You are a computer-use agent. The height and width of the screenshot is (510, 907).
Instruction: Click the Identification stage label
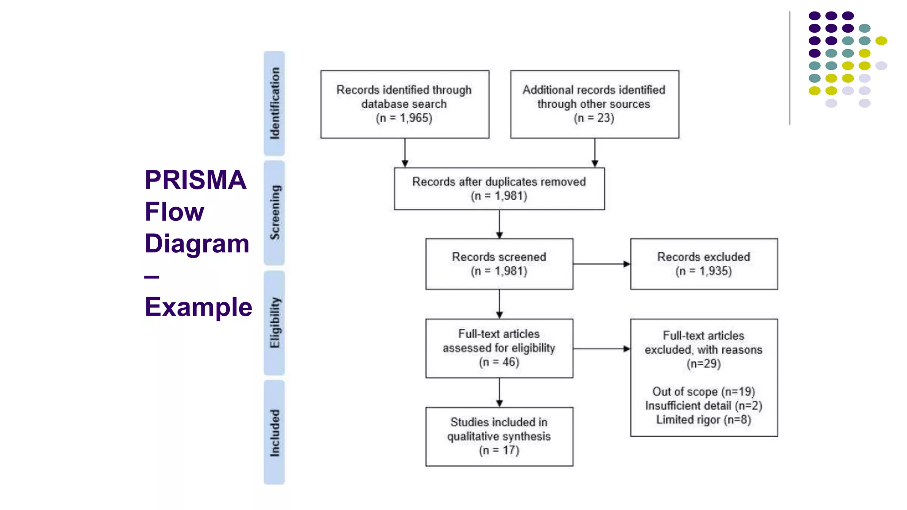click(x=274, y=103)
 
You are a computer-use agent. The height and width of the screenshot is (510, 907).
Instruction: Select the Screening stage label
click(x=274, y=213)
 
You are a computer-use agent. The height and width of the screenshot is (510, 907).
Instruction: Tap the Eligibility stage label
click(x=274, y=323)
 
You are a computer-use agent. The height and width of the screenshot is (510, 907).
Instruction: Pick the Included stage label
click(x=274, y=433)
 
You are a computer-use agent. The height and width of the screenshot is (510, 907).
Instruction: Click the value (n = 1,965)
click(x=404, y=118)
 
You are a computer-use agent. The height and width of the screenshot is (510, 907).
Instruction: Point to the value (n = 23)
click(x=594, y=118)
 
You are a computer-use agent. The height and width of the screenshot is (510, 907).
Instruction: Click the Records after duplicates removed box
click(x=499, y=189)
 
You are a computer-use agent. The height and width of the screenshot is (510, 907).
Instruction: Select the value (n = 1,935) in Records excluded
click(x=704, y=271)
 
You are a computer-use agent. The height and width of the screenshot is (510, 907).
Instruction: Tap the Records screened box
click(x=499, y=264)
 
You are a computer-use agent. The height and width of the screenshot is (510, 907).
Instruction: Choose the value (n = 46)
click(x=499, y=362)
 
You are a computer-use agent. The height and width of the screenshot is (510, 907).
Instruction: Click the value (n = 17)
click(x=499, y=450)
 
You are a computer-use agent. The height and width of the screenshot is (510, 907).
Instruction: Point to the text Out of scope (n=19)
click(x=704, y=392)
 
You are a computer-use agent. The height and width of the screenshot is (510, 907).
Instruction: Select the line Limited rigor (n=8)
click(x=704, y=420)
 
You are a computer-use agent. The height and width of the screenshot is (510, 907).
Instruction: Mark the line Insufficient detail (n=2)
click(x=704, y=406)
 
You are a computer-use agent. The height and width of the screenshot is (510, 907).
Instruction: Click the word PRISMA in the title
click(x=195, y=180)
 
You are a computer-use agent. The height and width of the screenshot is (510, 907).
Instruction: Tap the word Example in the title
click(x=198, y=307)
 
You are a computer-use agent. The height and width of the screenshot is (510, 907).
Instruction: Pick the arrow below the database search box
click(x=405, y=153)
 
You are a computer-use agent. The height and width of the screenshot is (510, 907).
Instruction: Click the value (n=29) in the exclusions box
click(x=704, y=364)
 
